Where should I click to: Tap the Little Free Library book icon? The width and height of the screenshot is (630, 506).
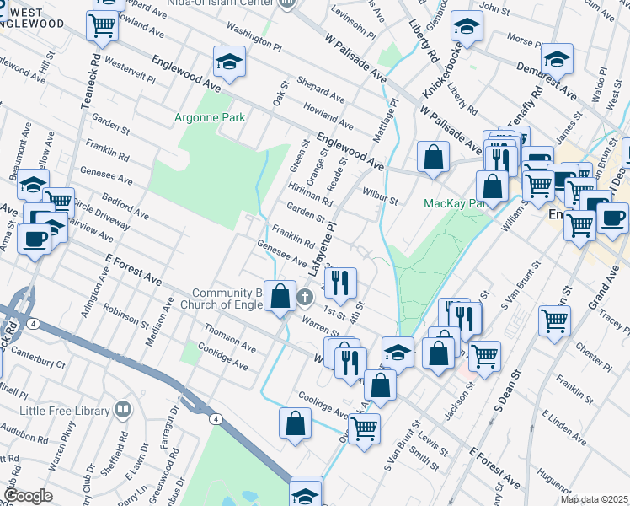(x=123, y=411)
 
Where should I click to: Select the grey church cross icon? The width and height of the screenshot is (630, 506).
(x=305, y=297)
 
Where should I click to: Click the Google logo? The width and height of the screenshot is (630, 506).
(x=28, y=496)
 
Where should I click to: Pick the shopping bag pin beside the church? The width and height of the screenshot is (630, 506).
(x=281, y=297)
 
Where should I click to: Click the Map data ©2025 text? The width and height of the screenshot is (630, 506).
(x=594, y=499)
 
